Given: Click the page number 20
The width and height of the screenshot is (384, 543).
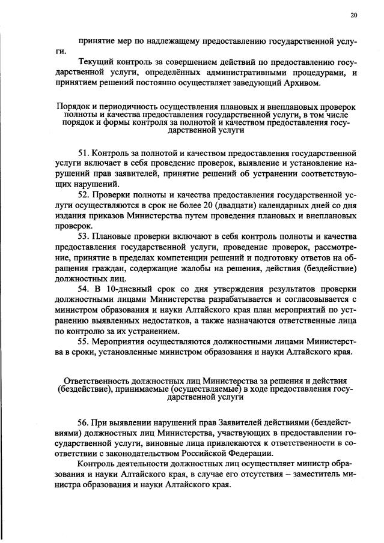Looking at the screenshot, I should [353, 16].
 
